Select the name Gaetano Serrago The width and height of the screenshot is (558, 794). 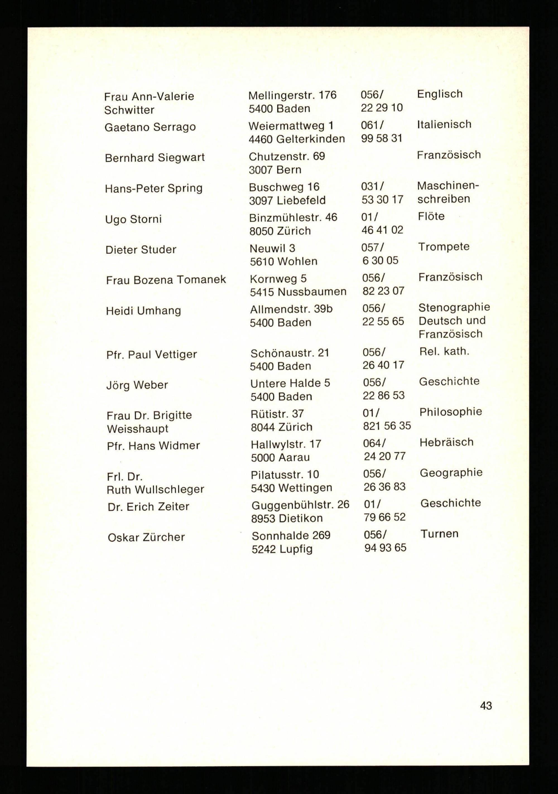pyautogui.click(x=150, y=127)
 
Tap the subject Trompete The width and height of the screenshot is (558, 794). pyautogui.click(x=443, y=246)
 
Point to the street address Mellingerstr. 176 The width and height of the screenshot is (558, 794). pyautogui.click(x=292, y=95)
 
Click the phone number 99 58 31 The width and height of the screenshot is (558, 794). pyautogui.click(x=381, y=138)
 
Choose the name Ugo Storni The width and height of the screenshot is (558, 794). pyautogui.click(x=133, y=219)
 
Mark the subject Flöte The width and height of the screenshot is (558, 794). pyautogui.click(x=431, y=216)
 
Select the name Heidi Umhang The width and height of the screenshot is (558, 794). pyautogui.click(x=143, y=311)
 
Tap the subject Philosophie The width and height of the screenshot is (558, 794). pyautogui.click(x=450, y=411)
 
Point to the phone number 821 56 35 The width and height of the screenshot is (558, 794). pyautogui.click(x=387, y=425)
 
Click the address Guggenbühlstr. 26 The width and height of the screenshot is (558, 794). pyautogui.click(x=300, y=505)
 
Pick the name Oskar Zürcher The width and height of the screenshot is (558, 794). pyautogui.click(x=146, y=537)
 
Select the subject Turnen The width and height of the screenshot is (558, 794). pyautogui.click(x=439, y=534)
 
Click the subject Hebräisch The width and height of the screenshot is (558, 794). pyautogui.click(x=446, y=442)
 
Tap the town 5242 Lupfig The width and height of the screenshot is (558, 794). pyautogui.click(x=282, y=549)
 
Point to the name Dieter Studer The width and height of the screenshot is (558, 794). pyautogui.click(x=141, y=249)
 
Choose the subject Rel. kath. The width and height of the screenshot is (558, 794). pyautogui.click(x=444, y=351)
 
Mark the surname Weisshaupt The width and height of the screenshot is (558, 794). pyautogui.click(x=138, y=429)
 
